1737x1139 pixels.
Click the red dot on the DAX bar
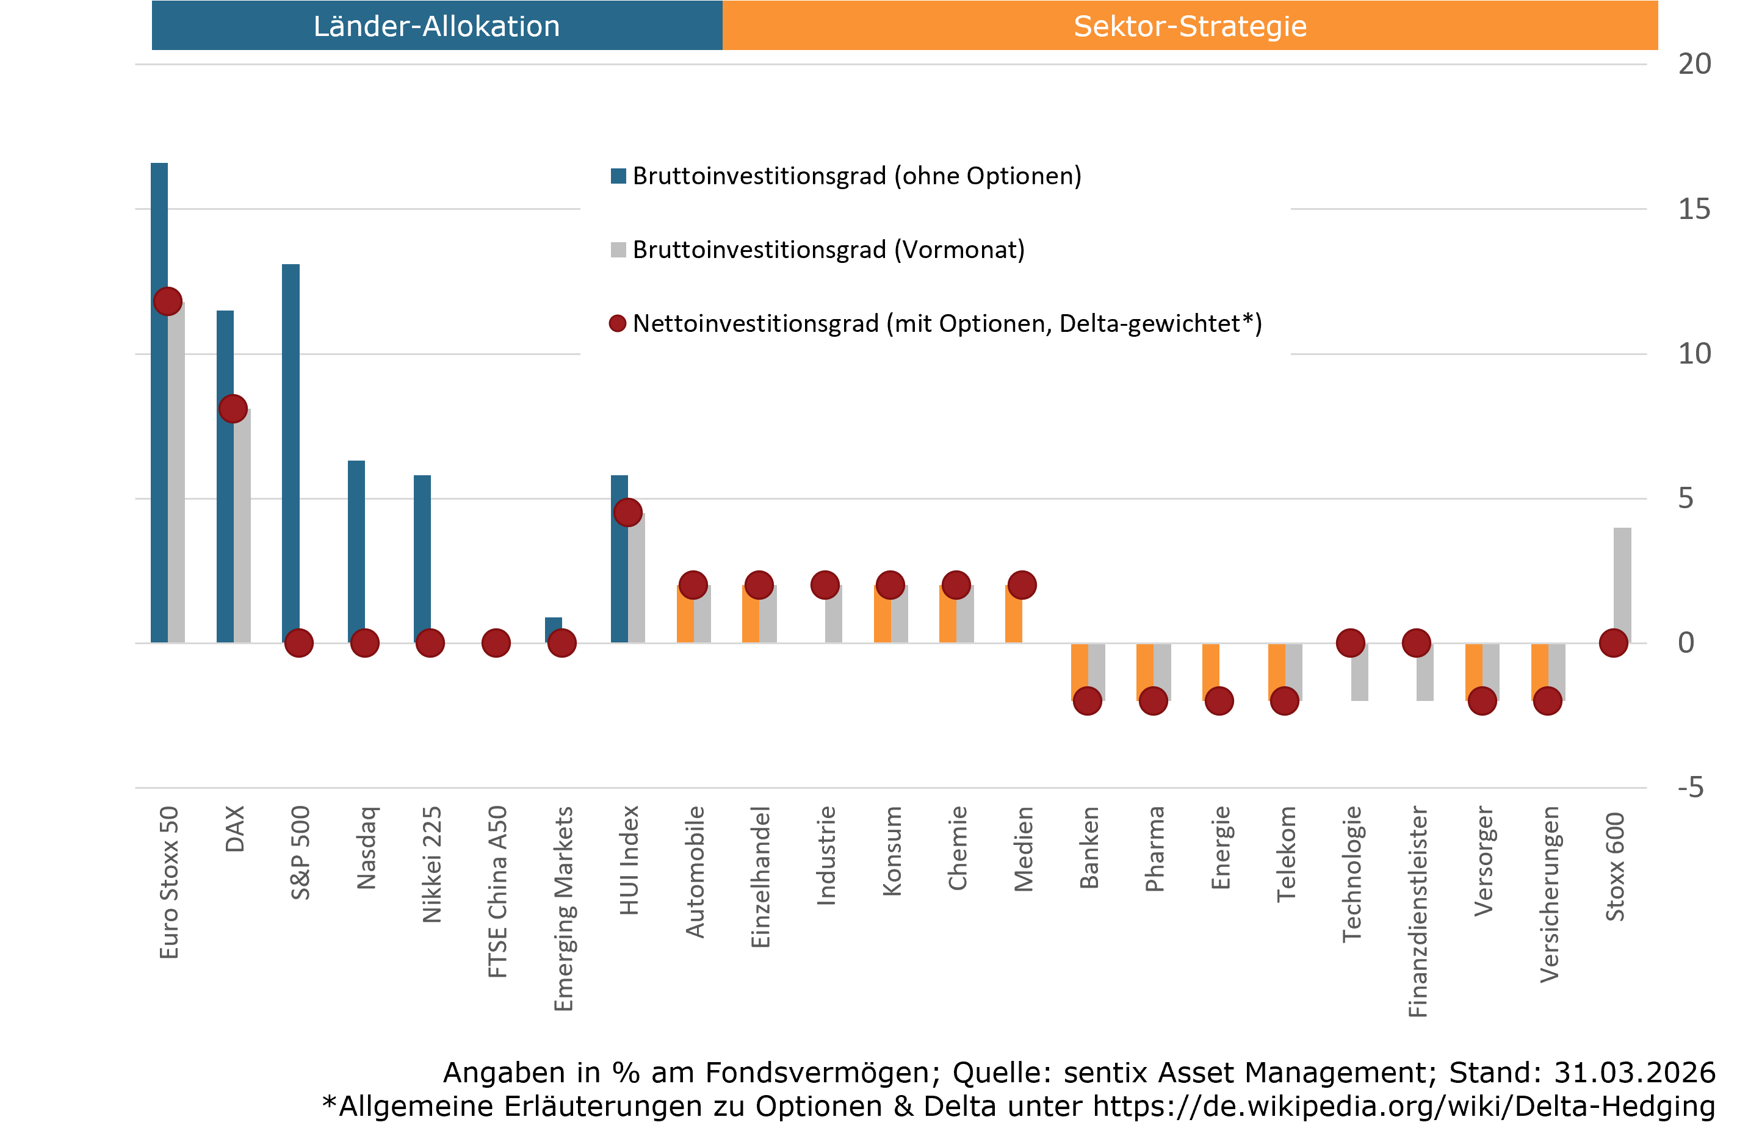click(233, 409)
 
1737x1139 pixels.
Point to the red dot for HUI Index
click(627, 512)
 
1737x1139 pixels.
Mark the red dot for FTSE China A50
click(496, 643)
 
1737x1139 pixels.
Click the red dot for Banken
click(1088, 701)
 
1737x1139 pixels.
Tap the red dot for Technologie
click(1350, 643)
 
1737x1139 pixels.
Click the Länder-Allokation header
click(436, 26)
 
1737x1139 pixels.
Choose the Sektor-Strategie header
click(1190, 26)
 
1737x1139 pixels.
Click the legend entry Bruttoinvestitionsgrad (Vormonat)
click(828, 250)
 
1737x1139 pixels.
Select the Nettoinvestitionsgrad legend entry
click(947, 323)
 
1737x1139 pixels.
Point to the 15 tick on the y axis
click(1693, 209)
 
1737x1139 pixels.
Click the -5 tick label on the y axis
click(1690, 788)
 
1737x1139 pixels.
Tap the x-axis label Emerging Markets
click(563, 908)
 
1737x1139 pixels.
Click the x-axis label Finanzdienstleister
click(1417, 912)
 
